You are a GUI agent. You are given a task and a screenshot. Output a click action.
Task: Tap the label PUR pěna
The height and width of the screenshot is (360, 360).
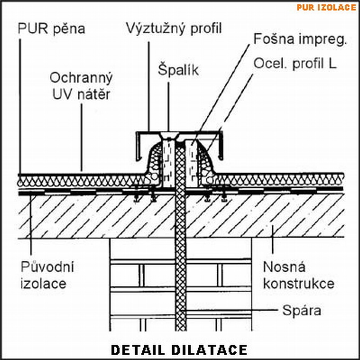click(x=51, y=29)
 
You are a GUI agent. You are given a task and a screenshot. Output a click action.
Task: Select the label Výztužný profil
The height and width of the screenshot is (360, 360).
click(x=174, y=28)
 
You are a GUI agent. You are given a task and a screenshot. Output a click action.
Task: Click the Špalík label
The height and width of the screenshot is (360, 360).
click(x=178, y=70)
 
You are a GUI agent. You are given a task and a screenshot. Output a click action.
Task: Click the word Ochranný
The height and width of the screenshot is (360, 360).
click(x=81, y=78)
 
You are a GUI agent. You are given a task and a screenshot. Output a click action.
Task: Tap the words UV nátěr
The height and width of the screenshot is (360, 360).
click(x=81, y=94)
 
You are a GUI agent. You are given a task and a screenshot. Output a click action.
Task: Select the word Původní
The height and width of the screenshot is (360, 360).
click(x=47, y=268)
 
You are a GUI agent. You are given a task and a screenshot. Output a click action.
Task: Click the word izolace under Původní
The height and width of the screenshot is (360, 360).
click(x=44, y=284)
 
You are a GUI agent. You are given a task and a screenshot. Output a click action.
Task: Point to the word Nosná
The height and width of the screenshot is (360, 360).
click(x=284, y=268)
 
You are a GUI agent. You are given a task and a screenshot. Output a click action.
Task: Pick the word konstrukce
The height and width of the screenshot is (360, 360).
click(x=298, y=284)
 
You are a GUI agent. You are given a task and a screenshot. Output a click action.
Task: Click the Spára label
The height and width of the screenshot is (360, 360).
click(x=302, y=311)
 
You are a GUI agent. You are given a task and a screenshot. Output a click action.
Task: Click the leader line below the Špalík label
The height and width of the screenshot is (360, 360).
click(x=169, y=107)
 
